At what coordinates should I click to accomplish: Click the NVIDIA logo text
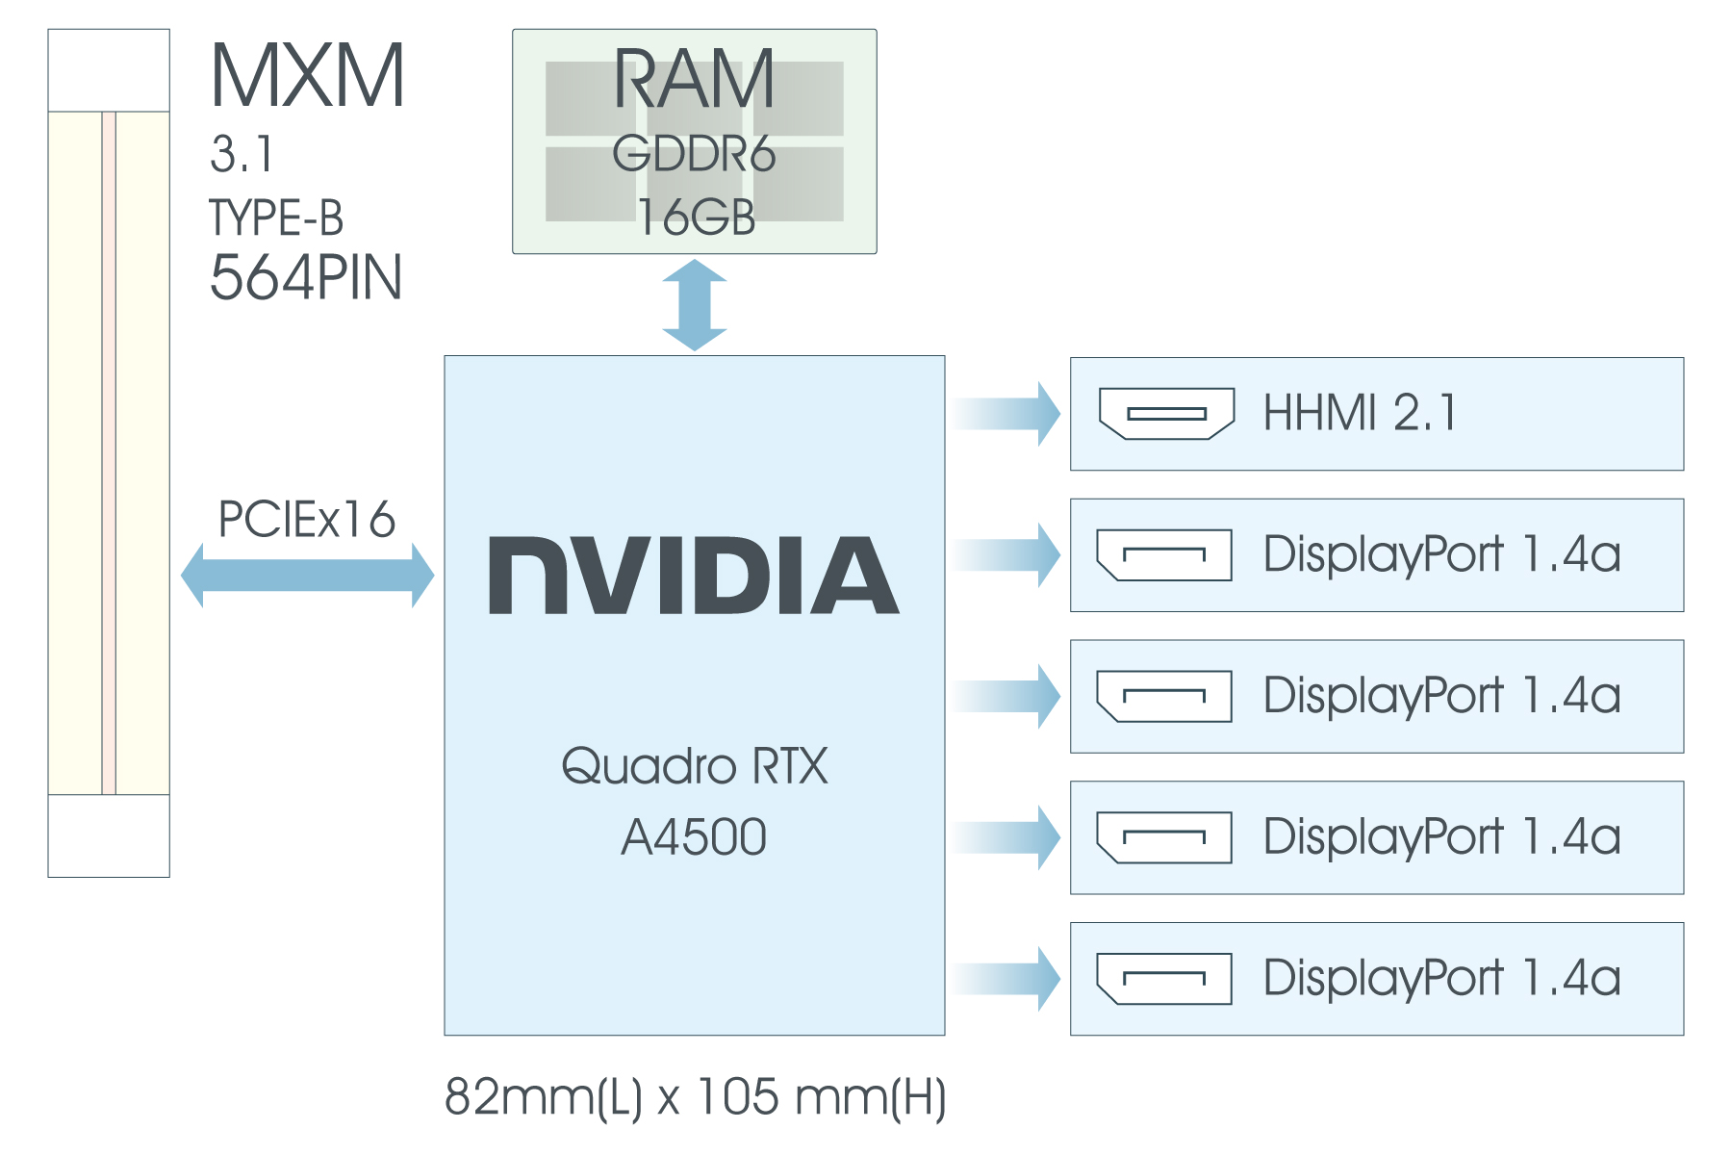(x=694, y=576)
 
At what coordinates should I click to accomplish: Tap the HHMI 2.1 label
(x=1360, y=413)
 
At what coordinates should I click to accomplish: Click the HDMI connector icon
(x=1167, y=414)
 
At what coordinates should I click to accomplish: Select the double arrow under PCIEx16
(x=307, y=576)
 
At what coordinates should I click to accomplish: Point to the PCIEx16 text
(x=307, y=520)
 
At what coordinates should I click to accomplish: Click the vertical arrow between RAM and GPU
(x=695, y=304)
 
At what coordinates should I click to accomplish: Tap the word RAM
(x=694, y=81)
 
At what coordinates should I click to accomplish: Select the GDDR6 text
(x=694, y=154)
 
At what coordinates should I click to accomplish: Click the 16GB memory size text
(x=696, y=217)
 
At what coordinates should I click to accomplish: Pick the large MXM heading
(x=307, y=77)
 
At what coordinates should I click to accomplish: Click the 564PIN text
(x=305, y=278)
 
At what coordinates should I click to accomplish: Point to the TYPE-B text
(x=276, y=218)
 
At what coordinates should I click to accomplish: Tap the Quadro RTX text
(x=694, y=766)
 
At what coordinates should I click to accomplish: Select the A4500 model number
(x=694, y=836)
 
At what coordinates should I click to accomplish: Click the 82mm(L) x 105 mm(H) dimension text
(x=695, y=1096)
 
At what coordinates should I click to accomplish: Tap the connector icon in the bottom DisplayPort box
(x=1164, y=979)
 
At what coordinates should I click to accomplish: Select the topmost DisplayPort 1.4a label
(x=1441, y=554)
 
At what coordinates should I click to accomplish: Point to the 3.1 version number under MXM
(x=242, y=154)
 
